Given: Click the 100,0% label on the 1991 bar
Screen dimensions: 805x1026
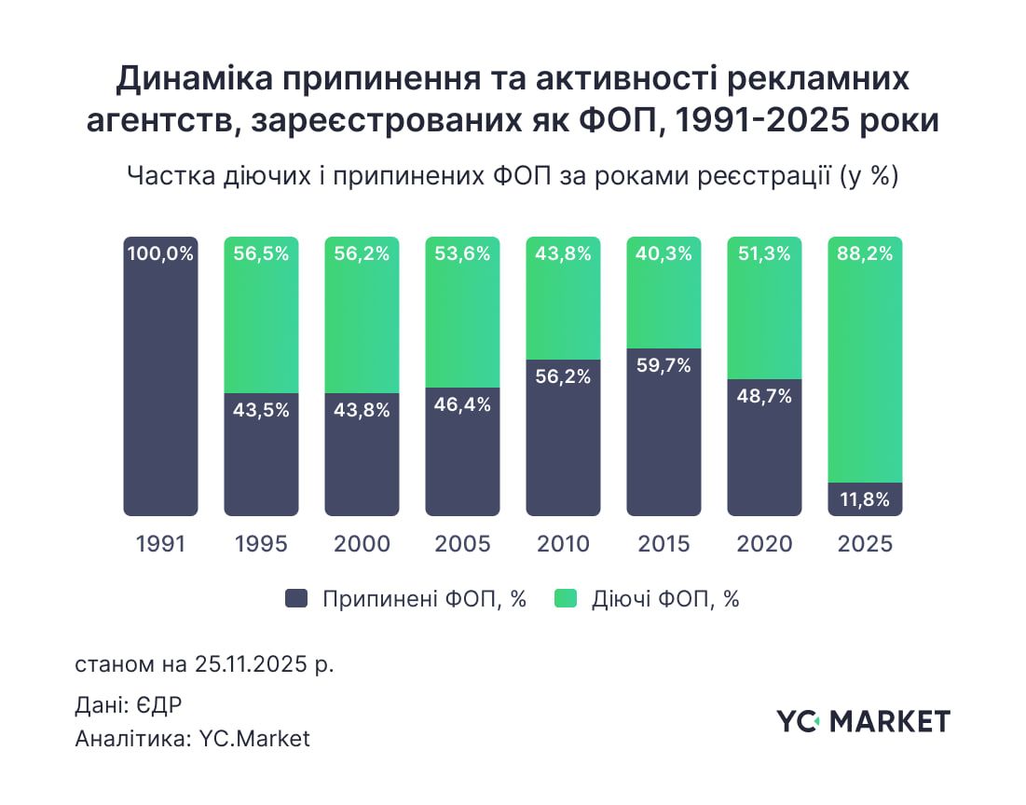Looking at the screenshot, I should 160,253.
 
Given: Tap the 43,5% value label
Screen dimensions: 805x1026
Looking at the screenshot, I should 261,410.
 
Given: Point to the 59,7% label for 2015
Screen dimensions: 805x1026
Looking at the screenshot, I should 663,365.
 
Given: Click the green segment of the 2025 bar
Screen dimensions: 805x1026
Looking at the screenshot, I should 865,373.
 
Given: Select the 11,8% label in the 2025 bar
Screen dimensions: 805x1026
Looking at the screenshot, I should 865,499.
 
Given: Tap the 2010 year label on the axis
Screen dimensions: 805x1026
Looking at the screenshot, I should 563,544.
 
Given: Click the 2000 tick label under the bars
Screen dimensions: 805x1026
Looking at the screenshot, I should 362,544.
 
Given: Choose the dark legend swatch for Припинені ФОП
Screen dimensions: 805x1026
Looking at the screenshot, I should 296,599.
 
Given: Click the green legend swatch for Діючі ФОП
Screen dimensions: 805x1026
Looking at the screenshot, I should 566,599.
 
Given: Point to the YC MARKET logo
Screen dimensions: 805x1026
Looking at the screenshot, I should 863,720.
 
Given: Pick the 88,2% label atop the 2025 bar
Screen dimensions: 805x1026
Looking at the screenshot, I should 865,253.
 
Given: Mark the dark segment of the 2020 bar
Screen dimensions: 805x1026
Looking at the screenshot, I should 764,457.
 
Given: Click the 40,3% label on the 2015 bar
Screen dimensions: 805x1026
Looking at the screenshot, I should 663,253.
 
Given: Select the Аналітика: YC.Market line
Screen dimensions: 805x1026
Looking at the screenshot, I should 192,739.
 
